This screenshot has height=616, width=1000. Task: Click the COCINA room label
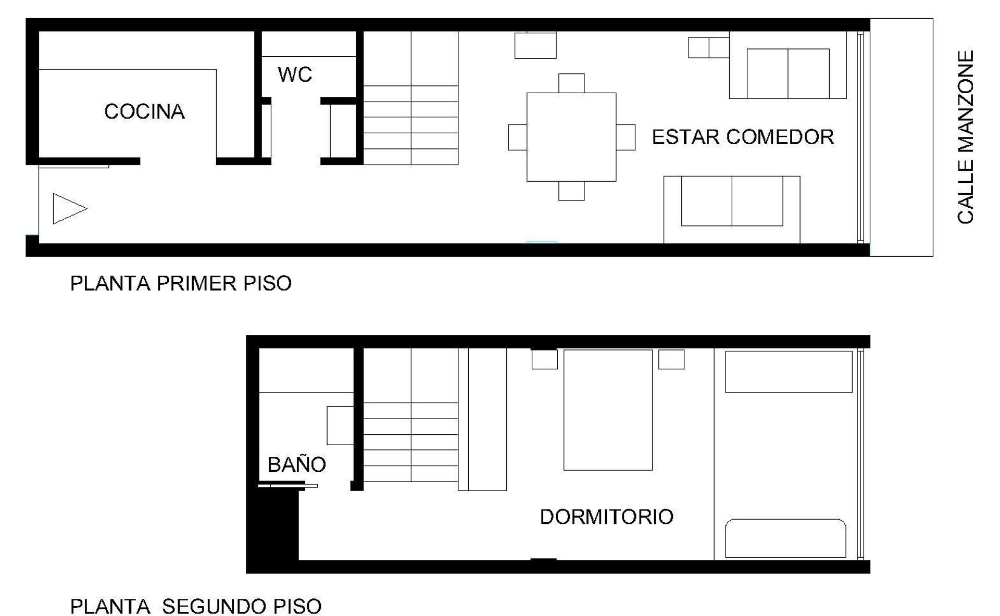coord(144,111)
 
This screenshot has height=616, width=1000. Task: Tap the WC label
coord(295,74)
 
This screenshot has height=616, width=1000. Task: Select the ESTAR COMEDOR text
coord(743,137)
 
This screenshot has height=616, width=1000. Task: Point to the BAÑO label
coord(296,464)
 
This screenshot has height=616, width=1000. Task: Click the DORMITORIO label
coord(607,517)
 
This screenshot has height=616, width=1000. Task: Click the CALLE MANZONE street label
coord(966,137)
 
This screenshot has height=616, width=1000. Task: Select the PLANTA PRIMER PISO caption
coord(181,283)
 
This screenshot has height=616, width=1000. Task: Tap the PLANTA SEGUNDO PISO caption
coord(196,606)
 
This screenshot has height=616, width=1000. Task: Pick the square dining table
coord(571,137)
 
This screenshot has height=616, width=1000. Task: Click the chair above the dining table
coord(571,83)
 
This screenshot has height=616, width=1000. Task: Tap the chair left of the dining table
coord(518,137)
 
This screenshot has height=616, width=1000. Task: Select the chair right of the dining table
coord(626,137)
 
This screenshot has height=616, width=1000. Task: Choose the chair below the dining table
coord(571,191)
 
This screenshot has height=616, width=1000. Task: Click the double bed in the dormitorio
coord(608,410)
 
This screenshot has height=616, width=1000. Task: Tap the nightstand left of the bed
coord(544,359)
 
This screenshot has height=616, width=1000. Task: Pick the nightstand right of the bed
coord(671,359)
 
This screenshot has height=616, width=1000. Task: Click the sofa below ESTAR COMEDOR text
coord(732,209)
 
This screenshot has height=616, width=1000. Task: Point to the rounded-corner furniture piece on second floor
coord(785,538)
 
